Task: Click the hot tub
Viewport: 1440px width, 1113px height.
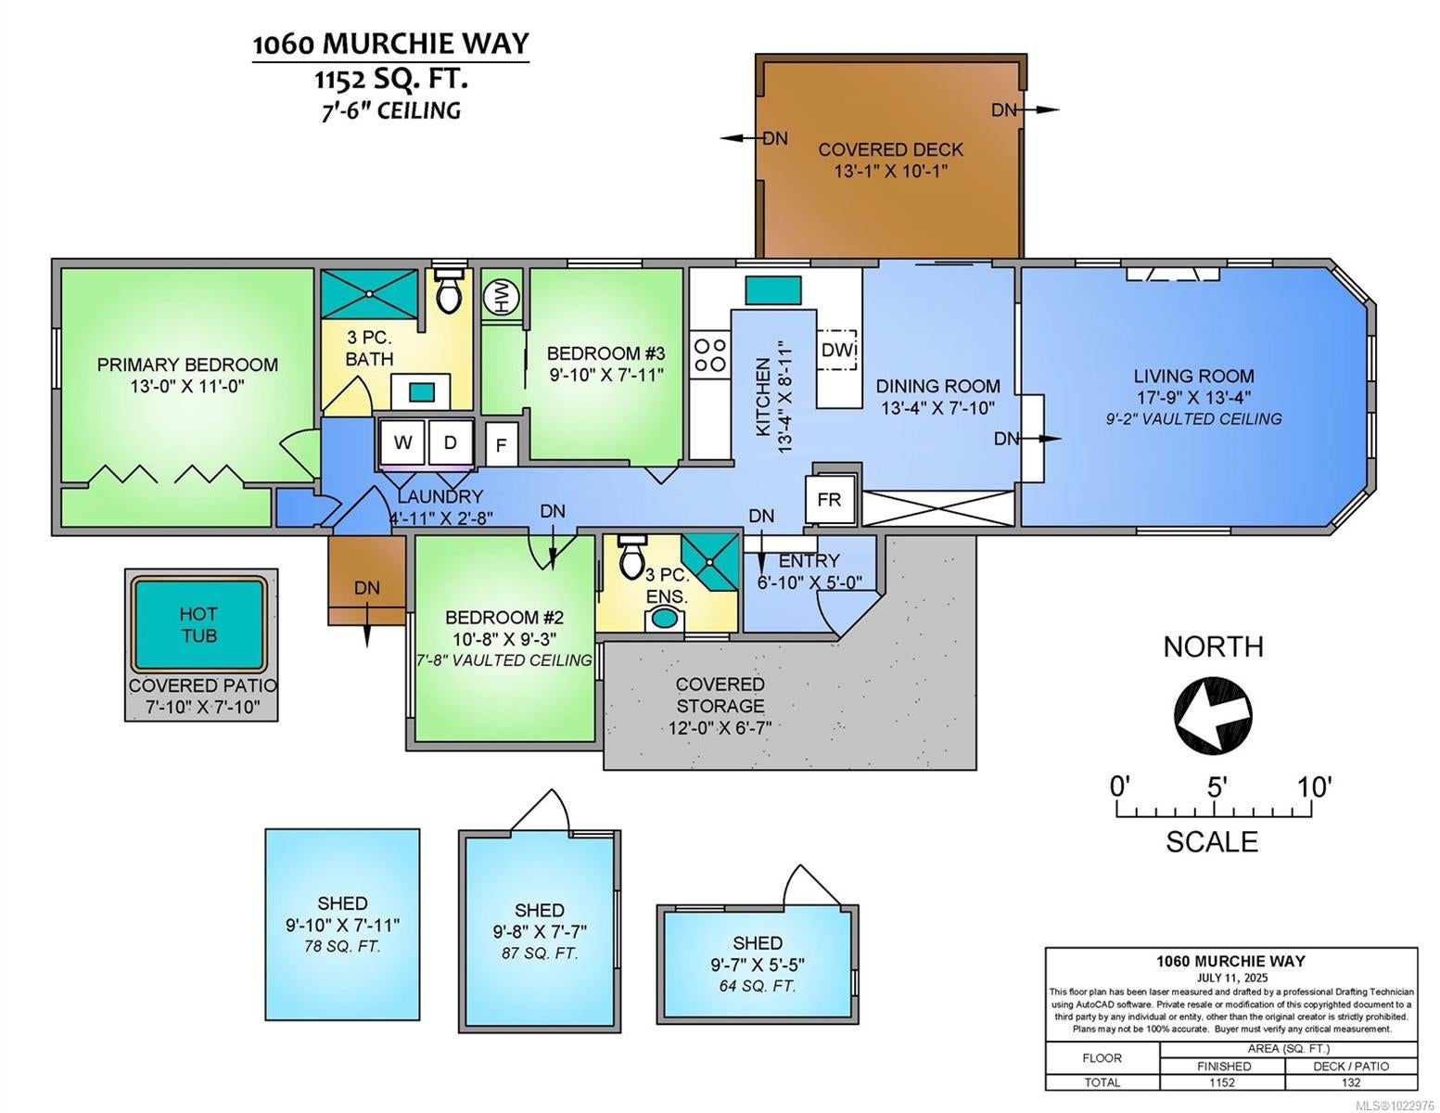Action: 198,624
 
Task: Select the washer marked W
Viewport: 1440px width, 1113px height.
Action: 403,441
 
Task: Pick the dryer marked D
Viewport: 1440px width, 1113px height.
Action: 451,441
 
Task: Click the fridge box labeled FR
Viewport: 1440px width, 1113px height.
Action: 829,499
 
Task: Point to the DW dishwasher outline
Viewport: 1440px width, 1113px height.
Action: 837,350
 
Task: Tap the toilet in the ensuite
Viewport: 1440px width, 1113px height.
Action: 631,556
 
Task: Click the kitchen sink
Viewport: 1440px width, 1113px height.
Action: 772,290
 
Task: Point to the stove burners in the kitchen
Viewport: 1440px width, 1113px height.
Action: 709,354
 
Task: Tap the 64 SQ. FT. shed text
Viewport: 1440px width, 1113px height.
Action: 758,986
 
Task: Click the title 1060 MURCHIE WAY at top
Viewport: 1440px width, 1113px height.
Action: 391,44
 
